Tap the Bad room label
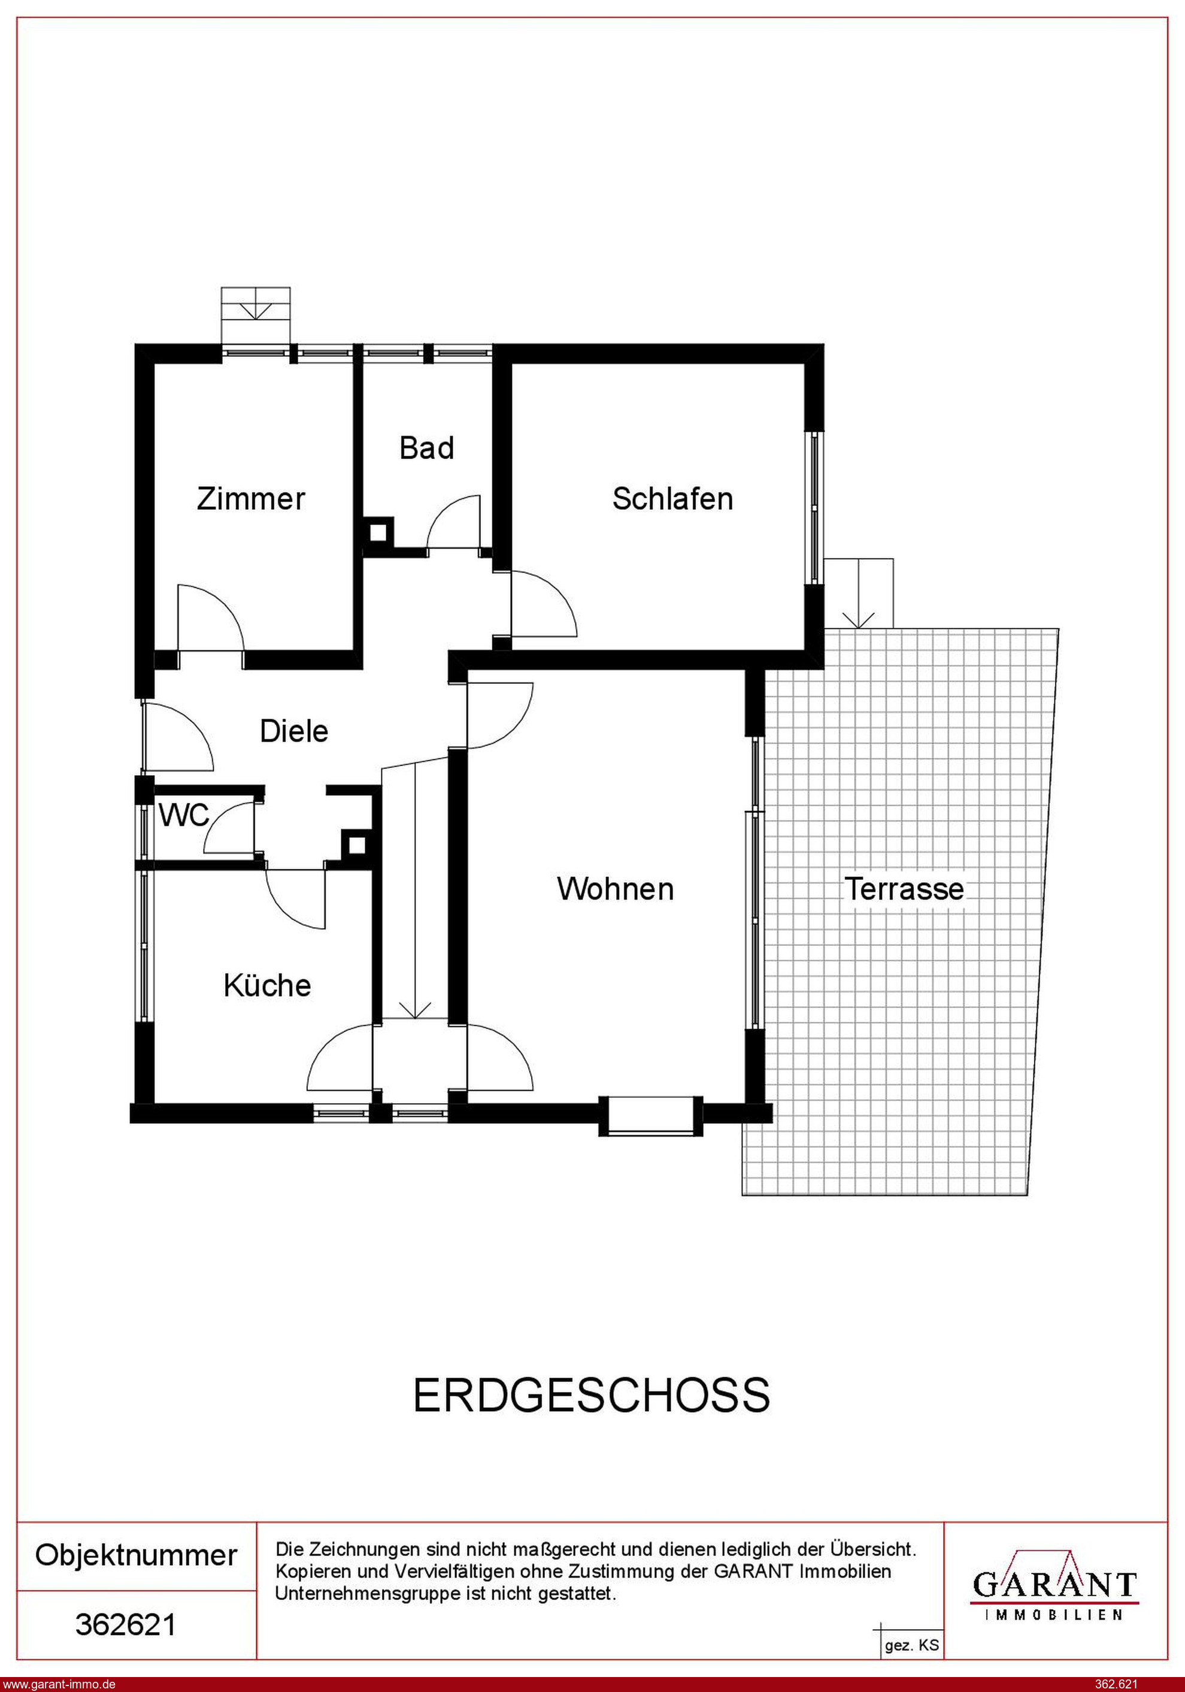click(x=427, y=448)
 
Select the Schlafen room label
click(x=673, y=499)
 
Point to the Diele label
click(x=294, y=731)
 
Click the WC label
click(x=184, y=816)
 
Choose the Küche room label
click(x=268, y=985)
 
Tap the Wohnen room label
click(x=616, y=889)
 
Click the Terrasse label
click(x=904, y=889)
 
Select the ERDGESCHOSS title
click(x=592, y=1395)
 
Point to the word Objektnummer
click(x=137, y=1555)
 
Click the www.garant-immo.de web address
click(x=58, y=1684)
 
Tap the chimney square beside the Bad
click(x=379, y=532)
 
